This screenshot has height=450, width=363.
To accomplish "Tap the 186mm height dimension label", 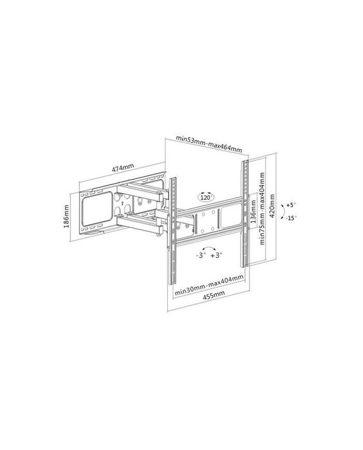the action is click(67, 216).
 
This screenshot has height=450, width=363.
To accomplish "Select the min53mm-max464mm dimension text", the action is click(209, 144).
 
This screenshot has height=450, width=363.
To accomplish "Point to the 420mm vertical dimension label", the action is click(272, 206).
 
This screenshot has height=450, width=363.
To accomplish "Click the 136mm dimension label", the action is click(254, 211).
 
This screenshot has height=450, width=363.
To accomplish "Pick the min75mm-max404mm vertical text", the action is click(262, 208).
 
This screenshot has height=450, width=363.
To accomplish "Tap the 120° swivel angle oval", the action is click(206, 197).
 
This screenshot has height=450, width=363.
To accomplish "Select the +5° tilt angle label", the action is click(290, 205).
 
